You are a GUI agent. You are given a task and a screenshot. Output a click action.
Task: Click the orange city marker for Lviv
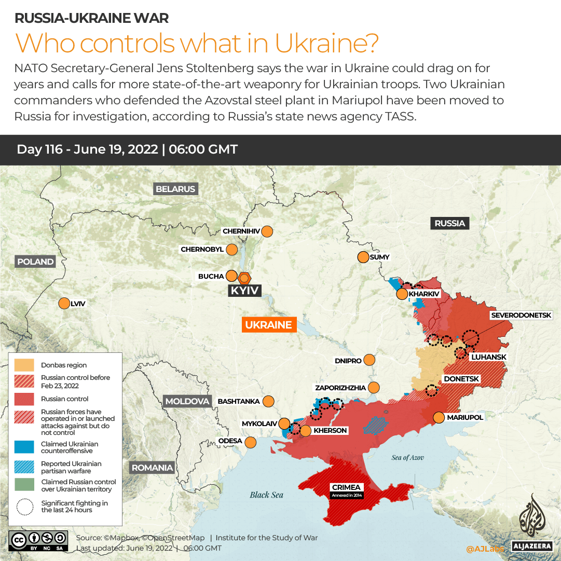(x=64, y=304)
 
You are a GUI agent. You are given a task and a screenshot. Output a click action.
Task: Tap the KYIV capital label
(x=244, y=291)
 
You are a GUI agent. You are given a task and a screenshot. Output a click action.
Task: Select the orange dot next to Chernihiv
(x=267, y=231)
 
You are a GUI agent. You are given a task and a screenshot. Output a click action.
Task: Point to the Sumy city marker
(x=363, y=257)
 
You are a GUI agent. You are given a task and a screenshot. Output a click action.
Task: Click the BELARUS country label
(x=175, y=189)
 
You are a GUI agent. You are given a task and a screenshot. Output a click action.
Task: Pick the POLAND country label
(x=35, y=262)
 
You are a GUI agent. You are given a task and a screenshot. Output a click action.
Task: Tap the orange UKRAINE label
(x=268, y=325)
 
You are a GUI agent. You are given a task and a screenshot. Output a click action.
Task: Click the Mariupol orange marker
(x=439, y=417)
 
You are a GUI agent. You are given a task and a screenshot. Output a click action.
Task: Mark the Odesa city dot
(x=251, y=442)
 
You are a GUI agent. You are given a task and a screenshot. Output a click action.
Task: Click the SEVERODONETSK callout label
(x=525, y=315)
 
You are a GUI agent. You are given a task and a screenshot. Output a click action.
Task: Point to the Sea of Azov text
(x=407, y=457)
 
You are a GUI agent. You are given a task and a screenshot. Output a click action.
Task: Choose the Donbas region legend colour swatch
(x=24, y=365)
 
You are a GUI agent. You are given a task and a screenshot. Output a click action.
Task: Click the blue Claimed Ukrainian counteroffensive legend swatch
(x=24, y=447)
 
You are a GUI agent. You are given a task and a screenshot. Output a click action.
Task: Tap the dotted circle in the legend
(x=24, y=507)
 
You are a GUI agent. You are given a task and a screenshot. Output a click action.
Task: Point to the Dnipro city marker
(x=370, y=360)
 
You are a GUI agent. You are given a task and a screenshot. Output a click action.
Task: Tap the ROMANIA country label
(x=152, y=468)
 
